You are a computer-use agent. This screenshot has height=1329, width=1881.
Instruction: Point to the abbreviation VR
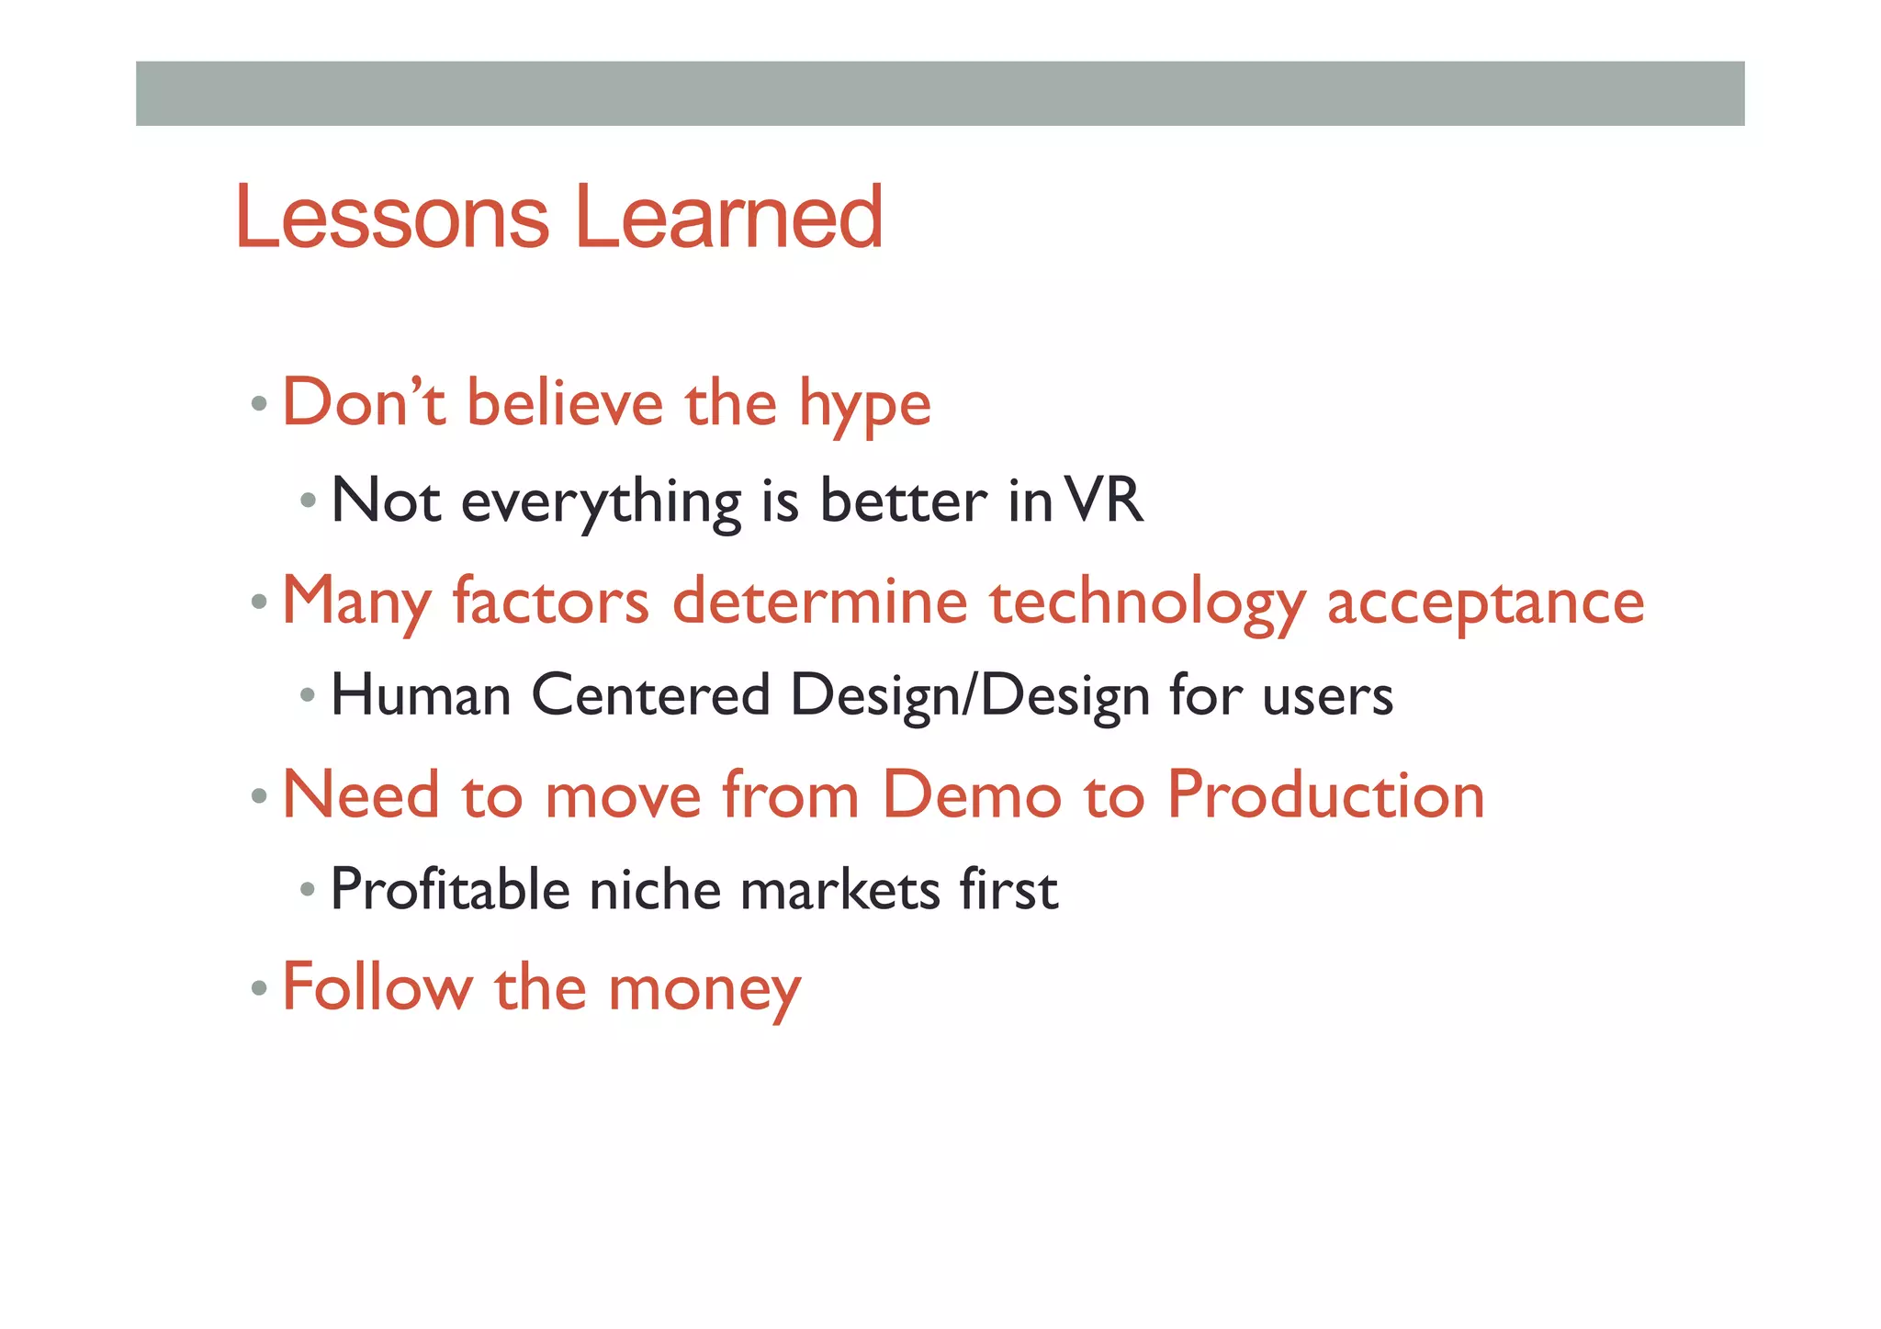1107,501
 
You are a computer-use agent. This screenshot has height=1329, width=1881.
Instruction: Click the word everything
601,503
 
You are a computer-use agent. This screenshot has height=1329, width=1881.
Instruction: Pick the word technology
1147,603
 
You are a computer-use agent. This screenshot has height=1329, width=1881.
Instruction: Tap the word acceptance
1485,603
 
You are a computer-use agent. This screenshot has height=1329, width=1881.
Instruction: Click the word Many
356,603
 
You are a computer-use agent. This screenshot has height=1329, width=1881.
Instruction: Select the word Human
421,695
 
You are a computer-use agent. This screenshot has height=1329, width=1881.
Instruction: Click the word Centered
650,695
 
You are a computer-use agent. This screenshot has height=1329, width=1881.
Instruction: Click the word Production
1325,794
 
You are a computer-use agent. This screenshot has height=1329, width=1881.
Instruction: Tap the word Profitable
450,890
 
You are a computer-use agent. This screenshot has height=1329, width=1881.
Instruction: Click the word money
704,990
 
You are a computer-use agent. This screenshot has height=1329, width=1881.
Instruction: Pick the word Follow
377,987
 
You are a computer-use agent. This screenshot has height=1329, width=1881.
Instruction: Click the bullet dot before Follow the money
259,989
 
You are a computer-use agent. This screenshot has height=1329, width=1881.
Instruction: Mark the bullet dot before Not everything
308,501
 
